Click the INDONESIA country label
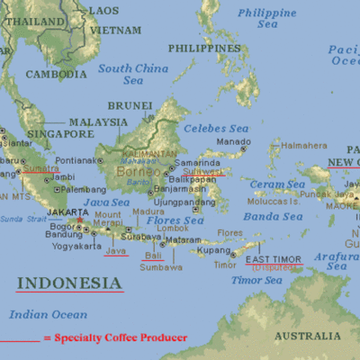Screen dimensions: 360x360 point(69,283)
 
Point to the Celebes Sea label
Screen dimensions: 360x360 point(215,129)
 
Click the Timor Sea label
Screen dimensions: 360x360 point(251,280)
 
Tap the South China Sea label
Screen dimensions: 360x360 point(133,74)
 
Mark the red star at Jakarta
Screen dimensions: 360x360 point(80,220)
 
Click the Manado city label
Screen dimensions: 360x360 point(233,142)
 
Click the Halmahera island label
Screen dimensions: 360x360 point(304,145)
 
